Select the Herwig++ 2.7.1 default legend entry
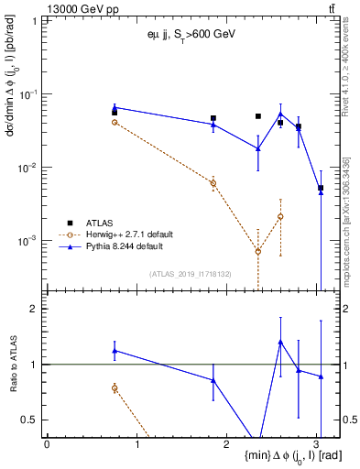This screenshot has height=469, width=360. coord(131,234)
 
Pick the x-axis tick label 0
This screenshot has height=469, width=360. coord(47,443)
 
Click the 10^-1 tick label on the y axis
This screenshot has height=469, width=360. coord(28,94)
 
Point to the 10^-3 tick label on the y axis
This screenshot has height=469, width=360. coord(28,241)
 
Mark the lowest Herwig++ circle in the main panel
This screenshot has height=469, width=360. coord(258,251)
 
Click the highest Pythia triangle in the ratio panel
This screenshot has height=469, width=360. coord(280,342)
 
